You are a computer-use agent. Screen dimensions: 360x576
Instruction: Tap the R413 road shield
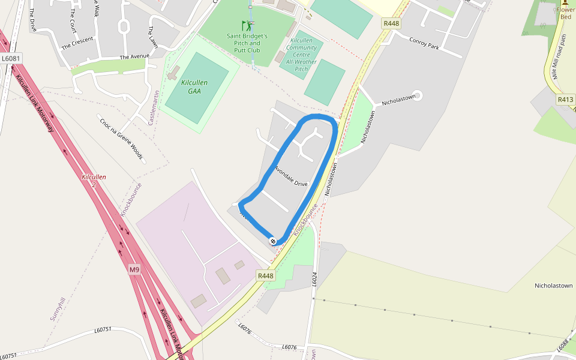[565, 100]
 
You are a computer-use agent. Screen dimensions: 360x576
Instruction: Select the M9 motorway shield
[134, 270]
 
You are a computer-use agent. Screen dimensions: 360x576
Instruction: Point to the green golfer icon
[247, 26]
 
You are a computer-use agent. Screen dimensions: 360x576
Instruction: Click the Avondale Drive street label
[291, 176]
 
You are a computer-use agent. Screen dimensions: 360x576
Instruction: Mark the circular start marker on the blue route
[273, 241]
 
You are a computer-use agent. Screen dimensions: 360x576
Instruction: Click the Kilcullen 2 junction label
[94, 181]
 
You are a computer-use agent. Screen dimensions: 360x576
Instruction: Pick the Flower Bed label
[566, 13]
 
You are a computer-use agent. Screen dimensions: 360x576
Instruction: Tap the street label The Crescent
[77, 43]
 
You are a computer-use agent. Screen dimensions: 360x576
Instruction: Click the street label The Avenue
[134, 57]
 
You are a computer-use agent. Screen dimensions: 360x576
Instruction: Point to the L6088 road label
[562, 344]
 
